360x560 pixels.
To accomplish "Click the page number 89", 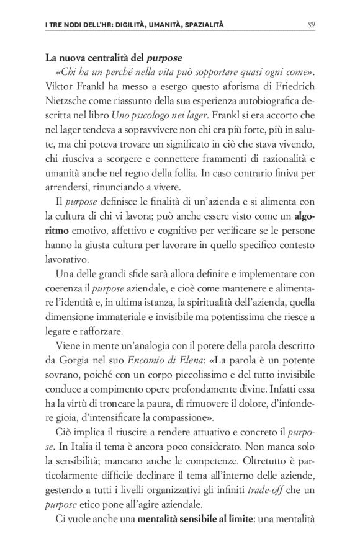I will [312, 25].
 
